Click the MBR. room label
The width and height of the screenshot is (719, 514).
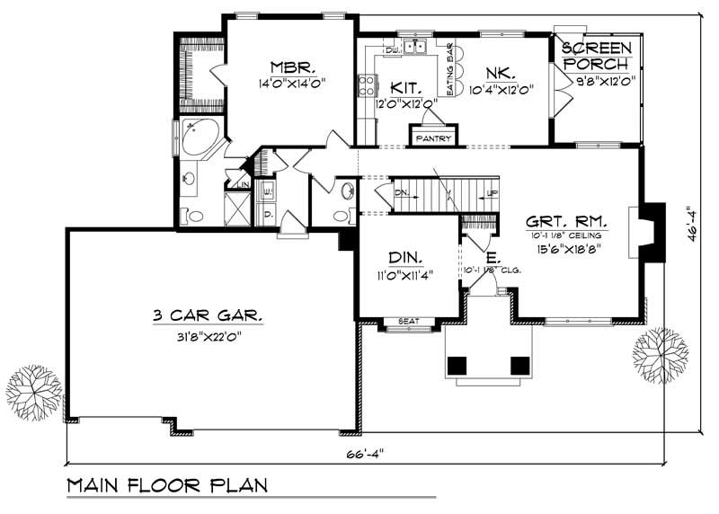pyautogui.click(x=289, y=66)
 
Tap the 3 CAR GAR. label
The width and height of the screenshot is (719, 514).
pyautogui.click(x=208, y=315)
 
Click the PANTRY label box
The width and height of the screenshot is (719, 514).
pyautogui.click(x=434, y=138)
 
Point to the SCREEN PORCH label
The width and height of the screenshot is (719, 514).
pyautogui.click(x=597, y=54)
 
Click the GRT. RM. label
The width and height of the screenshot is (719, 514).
pyautogui.click(x=567, y=220)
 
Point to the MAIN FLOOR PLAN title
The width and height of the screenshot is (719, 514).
pyautogui.click(x=168, y=486)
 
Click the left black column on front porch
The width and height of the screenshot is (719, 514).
pyautogui.click(x=457, y=365)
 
